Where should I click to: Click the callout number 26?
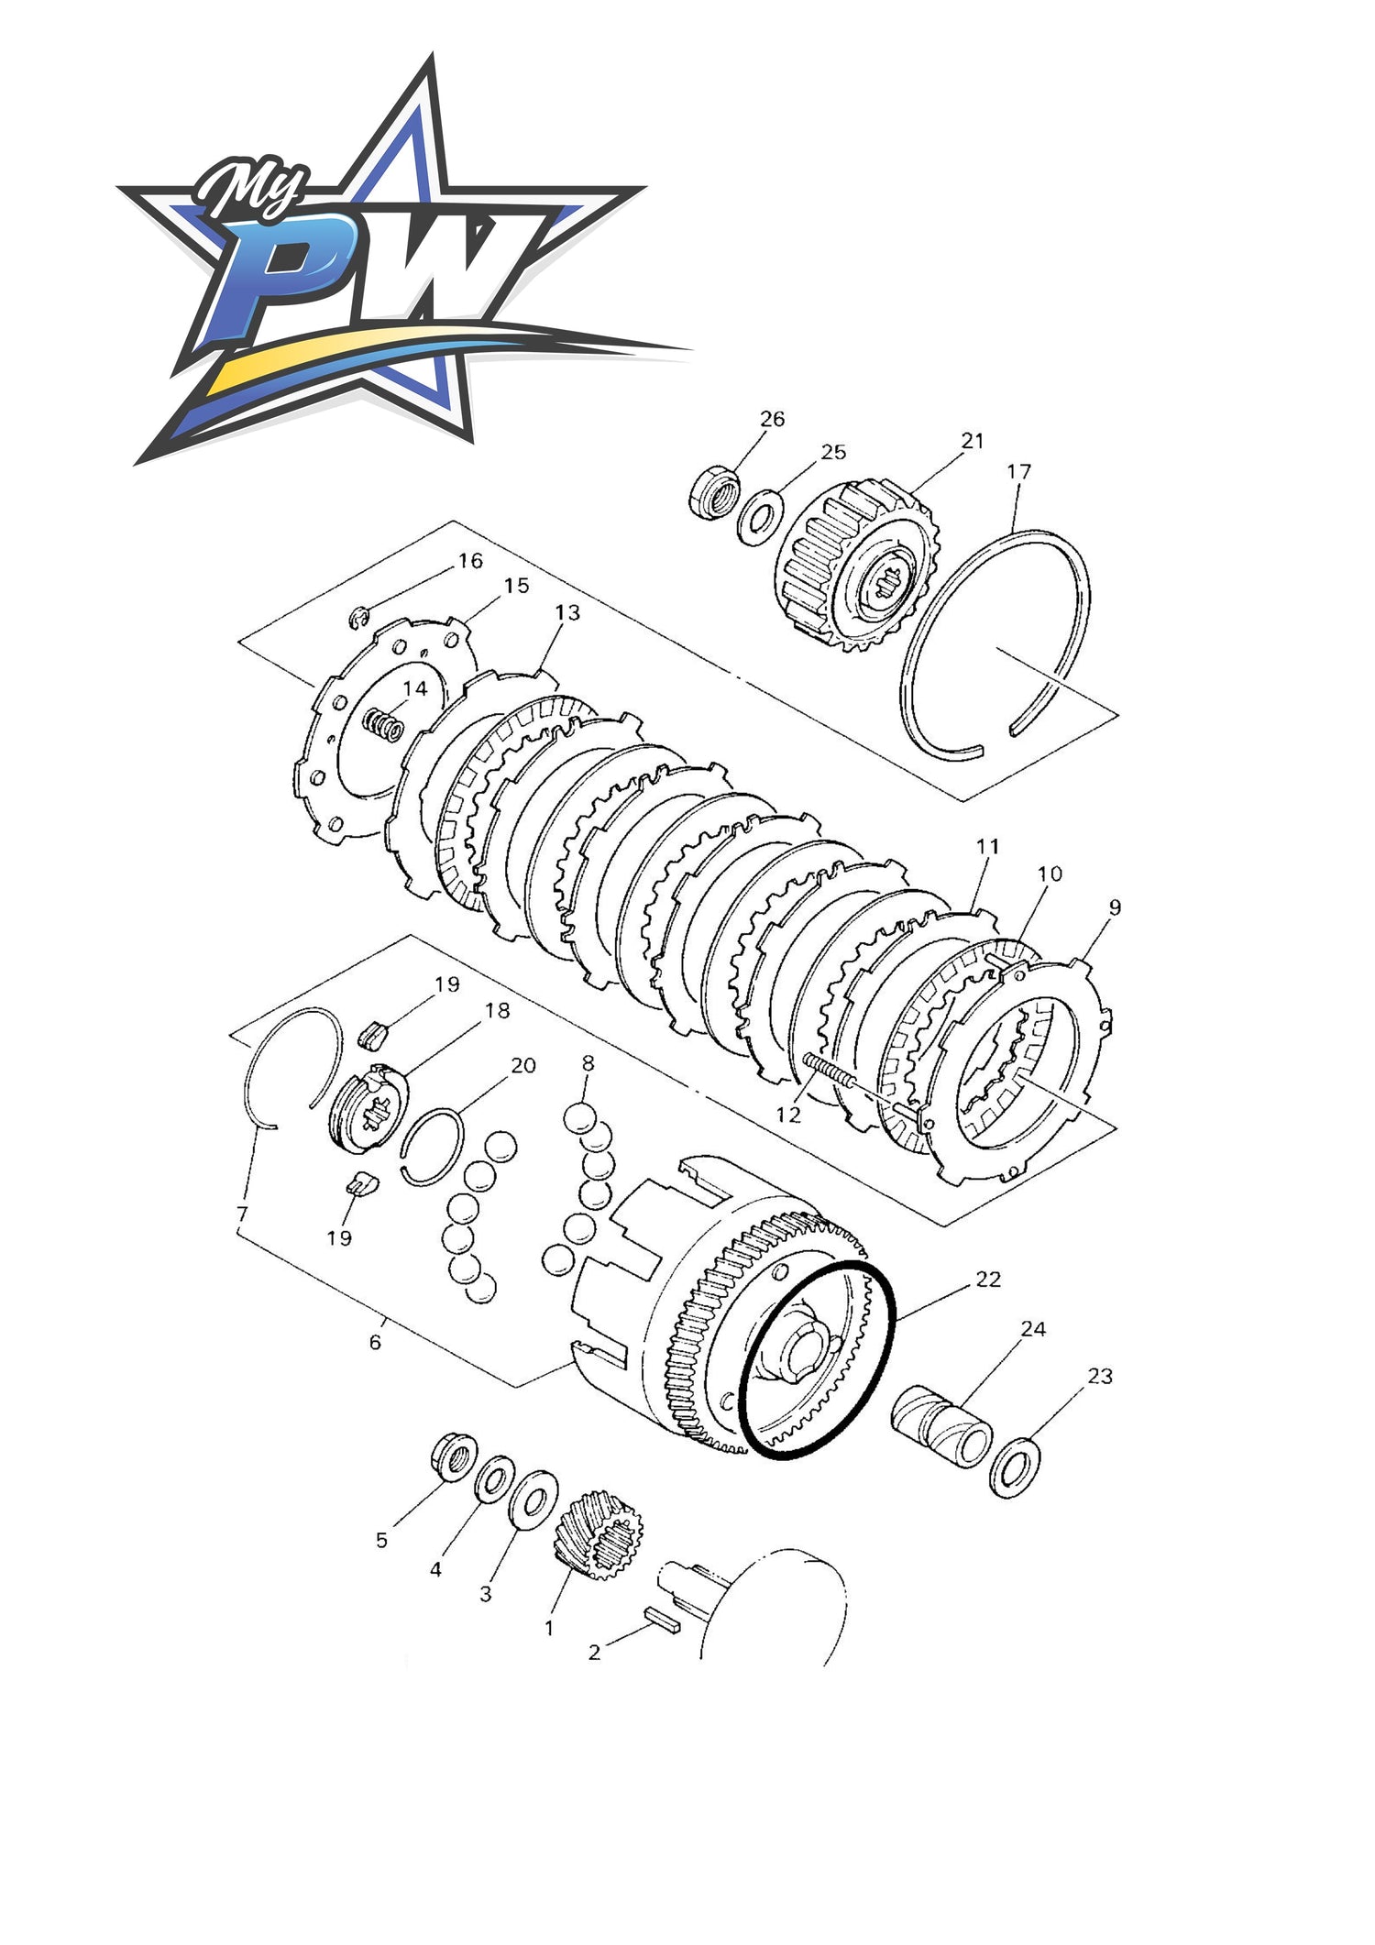click(x=773, y=419)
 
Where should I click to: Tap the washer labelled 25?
click(x=760, y=516)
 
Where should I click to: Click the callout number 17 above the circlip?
click(x=1019, y=471)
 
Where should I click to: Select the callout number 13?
click(x=567, y=612)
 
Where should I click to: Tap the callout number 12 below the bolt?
click(x=788, y=1115)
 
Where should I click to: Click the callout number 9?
click(x=1115, y=907)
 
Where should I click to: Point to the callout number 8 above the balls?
click(x=588, y=1063)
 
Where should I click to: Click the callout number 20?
click(x=523, y=1065)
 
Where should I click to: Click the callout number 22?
click(x=988, y=1279)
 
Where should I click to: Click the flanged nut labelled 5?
click(x=454, y=1456)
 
